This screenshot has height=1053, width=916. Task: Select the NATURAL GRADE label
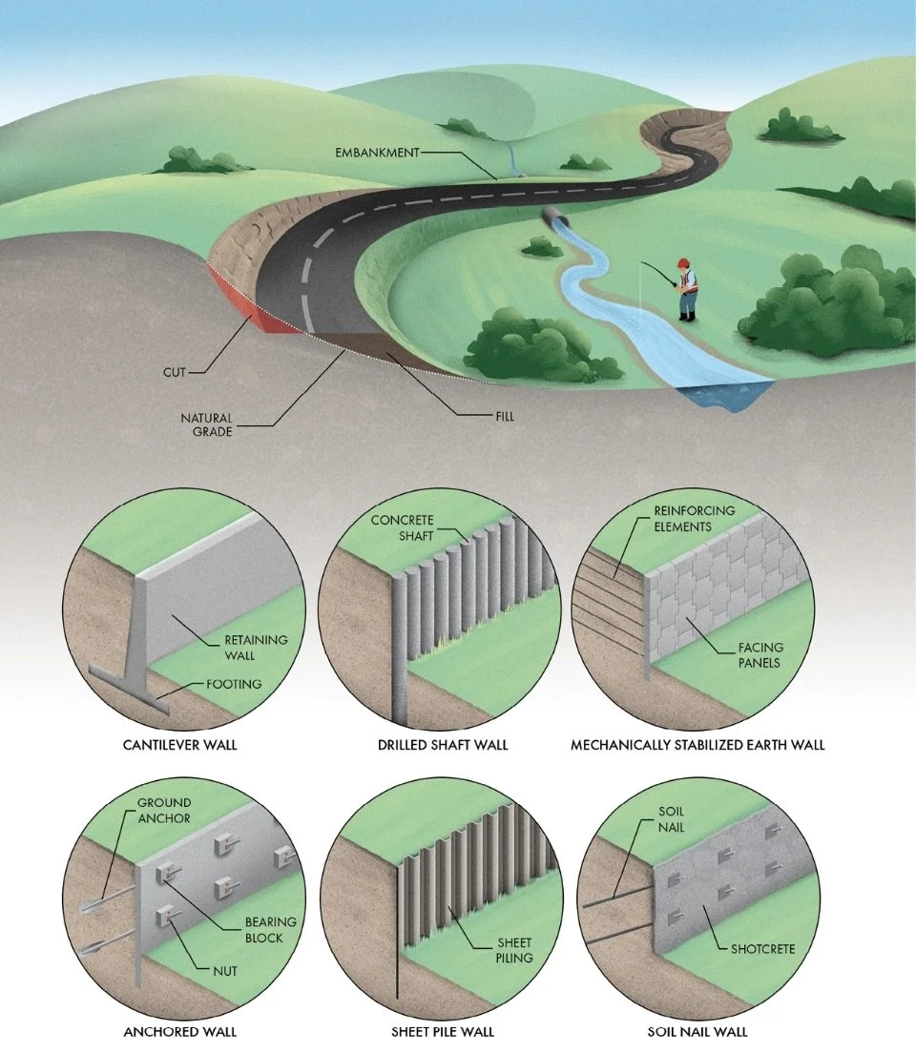click(207, 424)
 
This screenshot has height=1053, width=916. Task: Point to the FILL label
click(502, 416)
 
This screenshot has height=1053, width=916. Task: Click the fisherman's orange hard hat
click(682, 262)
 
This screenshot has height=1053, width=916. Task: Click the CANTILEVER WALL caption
click(179, 744)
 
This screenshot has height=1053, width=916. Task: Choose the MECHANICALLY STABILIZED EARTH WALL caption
click(697, 744)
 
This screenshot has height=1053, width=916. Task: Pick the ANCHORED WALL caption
click(179, 1031)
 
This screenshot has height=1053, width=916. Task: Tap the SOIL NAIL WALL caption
click(697, 1031)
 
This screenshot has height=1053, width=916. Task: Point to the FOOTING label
click(233, 684)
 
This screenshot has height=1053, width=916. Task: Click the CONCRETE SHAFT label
click(402, 527)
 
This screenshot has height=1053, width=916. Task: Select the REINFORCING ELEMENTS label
click(695, 518)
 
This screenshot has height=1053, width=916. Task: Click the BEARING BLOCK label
click(271, 930)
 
